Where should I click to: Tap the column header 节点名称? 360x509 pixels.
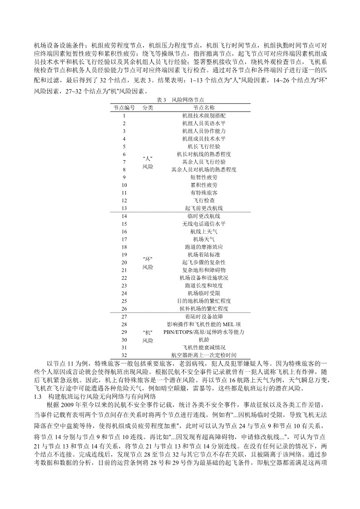[204, 108]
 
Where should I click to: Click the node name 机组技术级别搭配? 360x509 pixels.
[204, 116]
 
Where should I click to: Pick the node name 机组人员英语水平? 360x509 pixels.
[204, 123]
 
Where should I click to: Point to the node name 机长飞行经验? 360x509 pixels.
[204, 147]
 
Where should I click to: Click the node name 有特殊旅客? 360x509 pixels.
[204, 192]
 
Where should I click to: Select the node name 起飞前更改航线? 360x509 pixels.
[204, 208]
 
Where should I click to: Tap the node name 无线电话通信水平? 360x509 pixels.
[204, 224]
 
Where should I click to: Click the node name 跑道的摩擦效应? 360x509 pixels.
[204, 247]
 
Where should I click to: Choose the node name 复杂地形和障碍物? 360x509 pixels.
[204, 270]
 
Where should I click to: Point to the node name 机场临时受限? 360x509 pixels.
[204, 293]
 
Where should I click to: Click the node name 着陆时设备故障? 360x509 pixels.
[204, 316]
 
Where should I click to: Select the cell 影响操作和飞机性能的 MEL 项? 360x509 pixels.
[204, 324]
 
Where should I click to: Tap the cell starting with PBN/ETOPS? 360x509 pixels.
[204, 332]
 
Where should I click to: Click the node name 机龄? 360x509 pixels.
[204, 339]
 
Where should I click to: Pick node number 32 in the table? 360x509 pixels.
[124, 355]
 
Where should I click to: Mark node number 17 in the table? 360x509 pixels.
[124, 239]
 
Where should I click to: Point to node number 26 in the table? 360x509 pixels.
[124, 308]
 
